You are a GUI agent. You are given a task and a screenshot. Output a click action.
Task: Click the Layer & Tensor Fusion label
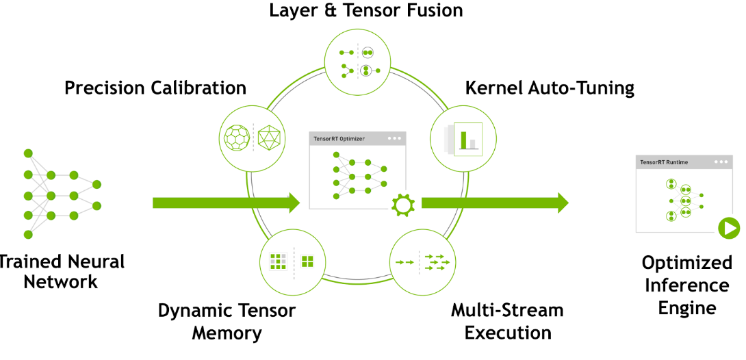pos(365,11)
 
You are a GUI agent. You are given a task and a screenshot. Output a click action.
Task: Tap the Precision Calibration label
pos(155,88)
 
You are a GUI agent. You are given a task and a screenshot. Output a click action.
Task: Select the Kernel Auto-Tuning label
pos(550,88)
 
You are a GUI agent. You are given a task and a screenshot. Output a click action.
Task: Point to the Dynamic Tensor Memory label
pos(227,322)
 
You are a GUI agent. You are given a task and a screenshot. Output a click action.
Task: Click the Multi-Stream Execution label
pos(507,322)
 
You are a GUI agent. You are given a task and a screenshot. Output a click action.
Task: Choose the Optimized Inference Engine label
pos(687,285)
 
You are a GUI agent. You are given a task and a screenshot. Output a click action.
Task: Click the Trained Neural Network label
pos(62,272)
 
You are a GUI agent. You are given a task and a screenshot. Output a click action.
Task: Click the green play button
pos(728,227)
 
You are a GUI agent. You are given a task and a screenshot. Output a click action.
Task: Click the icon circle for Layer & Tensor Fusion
pos(358,61)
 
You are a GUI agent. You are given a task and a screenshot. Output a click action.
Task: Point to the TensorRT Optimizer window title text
pos(339,138)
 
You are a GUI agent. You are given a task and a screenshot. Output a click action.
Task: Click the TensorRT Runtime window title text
pos(664,162)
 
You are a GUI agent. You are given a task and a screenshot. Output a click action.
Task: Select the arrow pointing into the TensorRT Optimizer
pos(226,203)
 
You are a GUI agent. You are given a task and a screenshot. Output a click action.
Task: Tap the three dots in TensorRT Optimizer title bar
pos(394,138)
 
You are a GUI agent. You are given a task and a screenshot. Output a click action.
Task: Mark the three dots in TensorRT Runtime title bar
pos(721,162)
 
